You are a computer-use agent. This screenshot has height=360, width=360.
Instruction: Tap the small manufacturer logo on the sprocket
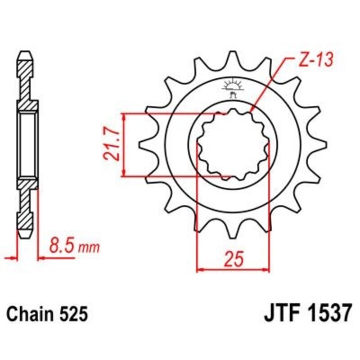(233, 88)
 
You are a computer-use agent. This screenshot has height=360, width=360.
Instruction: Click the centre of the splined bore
(233, 145)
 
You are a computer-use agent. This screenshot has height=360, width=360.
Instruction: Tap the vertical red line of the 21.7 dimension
(124, 145)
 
